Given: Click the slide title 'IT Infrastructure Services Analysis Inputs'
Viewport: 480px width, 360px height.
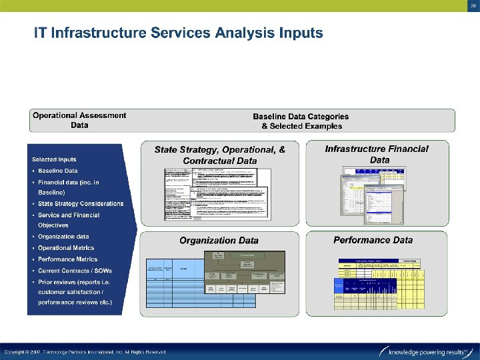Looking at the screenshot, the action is [x=179, y=32].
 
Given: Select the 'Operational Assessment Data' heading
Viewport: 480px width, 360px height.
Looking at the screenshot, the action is [x=79, y=120].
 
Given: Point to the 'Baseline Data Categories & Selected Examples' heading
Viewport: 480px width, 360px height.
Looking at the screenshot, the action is [x=301, y=121].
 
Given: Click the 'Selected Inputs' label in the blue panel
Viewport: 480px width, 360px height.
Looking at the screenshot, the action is [x=54, y=159].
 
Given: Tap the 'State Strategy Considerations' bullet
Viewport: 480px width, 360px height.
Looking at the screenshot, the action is [x=81, y=203].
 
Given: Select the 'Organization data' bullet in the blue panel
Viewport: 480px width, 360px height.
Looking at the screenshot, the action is [x=63, y=237].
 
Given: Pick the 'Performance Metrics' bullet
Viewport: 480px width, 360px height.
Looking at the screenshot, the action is [x=67, y=259].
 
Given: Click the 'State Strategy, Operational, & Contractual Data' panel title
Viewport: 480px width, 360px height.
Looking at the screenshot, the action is [x=219, y=155].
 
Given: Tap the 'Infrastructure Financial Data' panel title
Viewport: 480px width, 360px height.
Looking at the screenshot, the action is [x=377, y=154].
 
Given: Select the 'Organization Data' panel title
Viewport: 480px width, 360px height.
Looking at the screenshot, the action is [x=219, y=241].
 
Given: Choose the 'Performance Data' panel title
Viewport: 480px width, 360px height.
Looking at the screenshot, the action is [x=373, y=240].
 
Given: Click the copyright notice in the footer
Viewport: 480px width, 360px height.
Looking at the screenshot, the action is [x=85, y=351].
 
